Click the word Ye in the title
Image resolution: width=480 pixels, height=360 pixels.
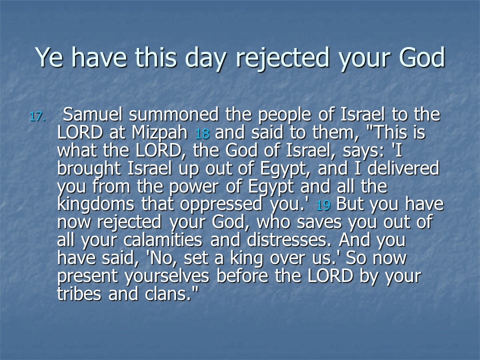click(49, 57)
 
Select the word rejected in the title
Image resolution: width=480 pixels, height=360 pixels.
click(282, 58)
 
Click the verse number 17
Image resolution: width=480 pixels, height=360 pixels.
click(37, 116)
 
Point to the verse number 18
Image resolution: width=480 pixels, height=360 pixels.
click(202, 134)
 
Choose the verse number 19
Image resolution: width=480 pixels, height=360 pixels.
click(323, 205)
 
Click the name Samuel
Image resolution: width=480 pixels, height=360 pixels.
click(92, 114)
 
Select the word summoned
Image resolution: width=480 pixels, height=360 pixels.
click(173, 114)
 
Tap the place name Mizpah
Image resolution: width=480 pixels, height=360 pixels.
click(159, 133)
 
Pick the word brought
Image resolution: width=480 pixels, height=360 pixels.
click(89, 169)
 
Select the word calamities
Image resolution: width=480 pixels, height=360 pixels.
click(163, 240)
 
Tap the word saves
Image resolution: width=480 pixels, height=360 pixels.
click(319, 222)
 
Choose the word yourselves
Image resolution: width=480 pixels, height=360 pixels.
click(167, 276)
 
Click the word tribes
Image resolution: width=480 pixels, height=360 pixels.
click(79, 294)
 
